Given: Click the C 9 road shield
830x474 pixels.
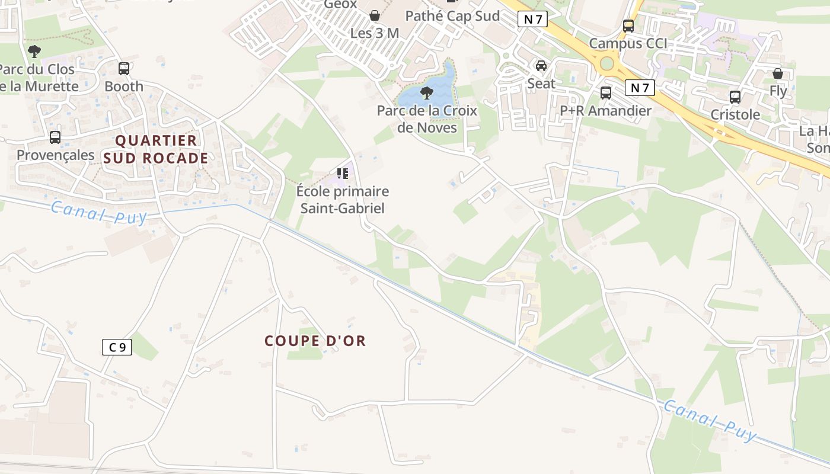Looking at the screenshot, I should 117,347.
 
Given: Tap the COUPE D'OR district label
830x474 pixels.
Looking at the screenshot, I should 315,341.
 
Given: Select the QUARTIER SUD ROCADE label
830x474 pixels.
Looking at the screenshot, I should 156,149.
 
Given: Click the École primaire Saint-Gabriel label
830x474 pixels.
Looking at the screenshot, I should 343,200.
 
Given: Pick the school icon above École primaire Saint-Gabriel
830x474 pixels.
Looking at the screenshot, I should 343,174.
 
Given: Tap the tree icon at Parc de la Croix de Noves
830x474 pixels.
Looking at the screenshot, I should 426,93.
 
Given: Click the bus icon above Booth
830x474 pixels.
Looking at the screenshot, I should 124,69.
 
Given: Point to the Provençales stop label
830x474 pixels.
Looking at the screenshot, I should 56,155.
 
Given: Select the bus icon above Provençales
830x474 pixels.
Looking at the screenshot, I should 55,137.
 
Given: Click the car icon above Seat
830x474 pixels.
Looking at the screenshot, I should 541,66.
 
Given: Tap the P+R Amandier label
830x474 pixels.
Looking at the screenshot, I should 605,111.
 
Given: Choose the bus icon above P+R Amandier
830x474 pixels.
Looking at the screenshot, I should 606,93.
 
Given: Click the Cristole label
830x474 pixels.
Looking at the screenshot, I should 735,115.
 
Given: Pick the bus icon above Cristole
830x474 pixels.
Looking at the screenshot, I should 735,97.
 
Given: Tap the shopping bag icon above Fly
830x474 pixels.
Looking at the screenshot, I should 778,73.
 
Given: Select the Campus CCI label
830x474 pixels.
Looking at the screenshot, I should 628,43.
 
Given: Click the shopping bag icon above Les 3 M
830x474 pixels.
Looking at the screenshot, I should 375,15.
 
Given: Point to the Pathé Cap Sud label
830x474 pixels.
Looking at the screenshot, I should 452,16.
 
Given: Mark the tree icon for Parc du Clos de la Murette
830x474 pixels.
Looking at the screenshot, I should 34,52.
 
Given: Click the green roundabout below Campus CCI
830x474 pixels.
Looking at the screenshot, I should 606,63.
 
